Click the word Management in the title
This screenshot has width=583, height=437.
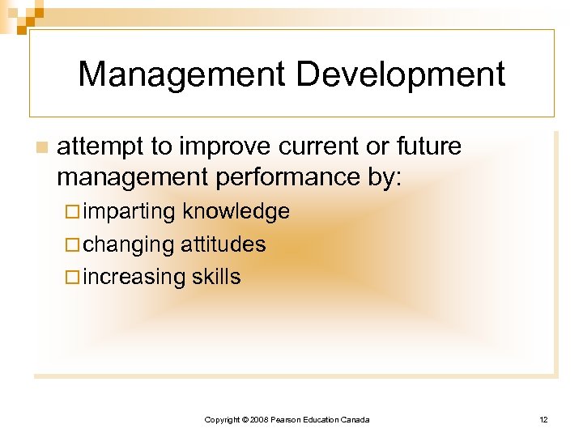[x=181, y=74]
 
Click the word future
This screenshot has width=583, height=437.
[x=428, y=146]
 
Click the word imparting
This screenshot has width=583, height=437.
[x=130, y=212]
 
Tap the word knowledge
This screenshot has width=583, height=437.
[x=236, y=212]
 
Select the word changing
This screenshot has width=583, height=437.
[x=129, y=244]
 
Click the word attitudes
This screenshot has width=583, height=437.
[x=223, y=244]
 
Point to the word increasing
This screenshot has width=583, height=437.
[x=134, y=277]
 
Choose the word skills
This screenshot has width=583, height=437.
[x=216, y=277]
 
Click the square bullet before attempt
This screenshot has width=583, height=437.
[x=41, y=147]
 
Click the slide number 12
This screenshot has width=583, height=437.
[x=543, y=419]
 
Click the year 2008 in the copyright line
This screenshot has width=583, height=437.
[x=257, y=419]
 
